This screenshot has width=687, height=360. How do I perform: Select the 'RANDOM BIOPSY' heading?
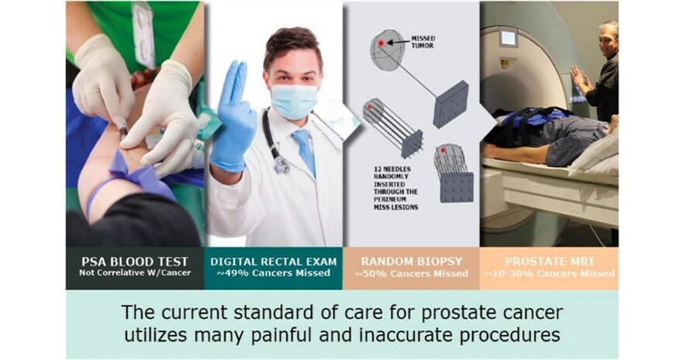coord(410,261)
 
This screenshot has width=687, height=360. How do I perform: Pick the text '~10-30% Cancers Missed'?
coord(548,273)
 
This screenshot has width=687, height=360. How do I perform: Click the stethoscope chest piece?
coord(281,164)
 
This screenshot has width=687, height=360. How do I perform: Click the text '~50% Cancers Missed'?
coord(410,273)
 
